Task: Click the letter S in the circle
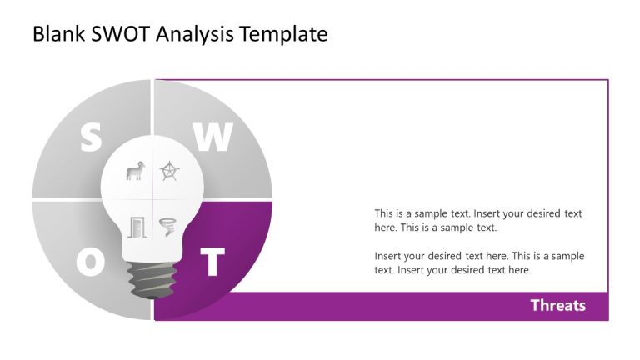point(90,137)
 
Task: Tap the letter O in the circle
point(91,262)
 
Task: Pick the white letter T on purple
point(213,262)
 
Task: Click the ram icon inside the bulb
point(134,172)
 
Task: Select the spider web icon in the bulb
point(170,172)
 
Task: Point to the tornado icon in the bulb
point(169,227)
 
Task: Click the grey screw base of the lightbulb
point(153,280)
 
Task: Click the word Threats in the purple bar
point(557,305)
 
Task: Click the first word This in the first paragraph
point(384,213)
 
